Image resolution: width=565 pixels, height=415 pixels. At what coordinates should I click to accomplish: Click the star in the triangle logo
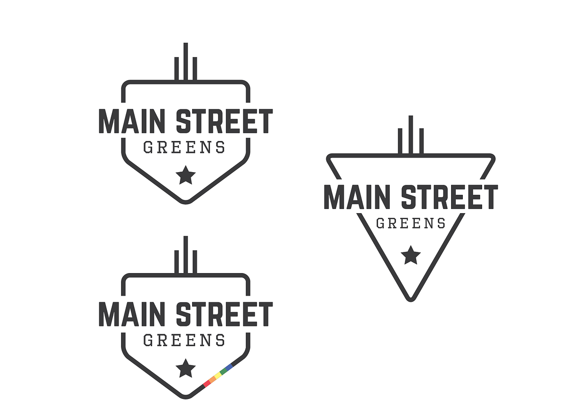point(411,256)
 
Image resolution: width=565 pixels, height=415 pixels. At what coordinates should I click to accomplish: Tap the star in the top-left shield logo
point(186,175)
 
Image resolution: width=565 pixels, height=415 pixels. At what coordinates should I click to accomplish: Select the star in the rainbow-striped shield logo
point(186,369)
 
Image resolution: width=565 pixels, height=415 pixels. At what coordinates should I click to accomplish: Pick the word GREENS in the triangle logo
point(411,223)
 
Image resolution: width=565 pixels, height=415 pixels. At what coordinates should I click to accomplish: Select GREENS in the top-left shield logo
point(184,148)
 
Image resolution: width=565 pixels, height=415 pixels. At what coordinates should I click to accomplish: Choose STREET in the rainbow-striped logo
point(224,314)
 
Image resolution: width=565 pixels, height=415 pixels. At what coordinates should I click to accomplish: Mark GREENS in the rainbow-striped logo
point(184,340)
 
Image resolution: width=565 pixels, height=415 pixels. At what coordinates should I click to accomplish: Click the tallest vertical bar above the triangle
point(411,134)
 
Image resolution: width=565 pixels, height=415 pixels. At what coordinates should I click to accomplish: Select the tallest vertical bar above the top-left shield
point(186,62)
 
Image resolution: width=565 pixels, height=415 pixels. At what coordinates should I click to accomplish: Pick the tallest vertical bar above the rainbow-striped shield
point(186,255)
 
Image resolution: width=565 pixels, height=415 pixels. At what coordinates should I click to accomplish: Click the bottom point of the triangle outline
point(411,299)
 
